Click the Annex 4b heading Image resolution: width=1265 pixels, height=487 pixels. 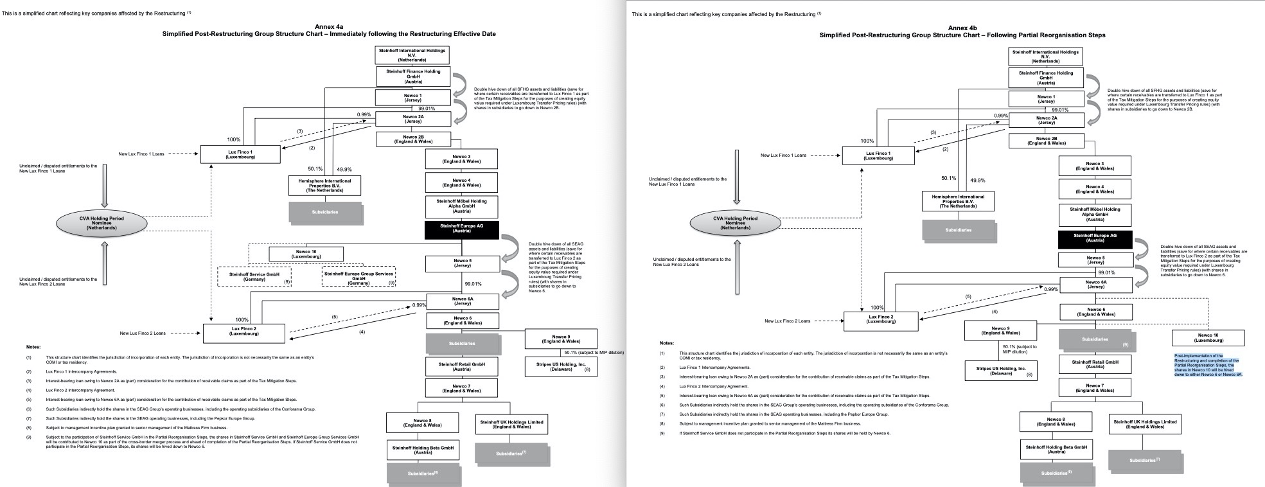[x=962, y=28]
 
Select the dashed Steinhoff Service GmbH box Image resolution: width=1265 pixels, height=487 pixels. [x=254, y=277]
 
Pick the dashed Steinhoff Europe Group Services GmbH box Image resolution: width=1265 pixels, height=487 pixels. [x=358, y=277]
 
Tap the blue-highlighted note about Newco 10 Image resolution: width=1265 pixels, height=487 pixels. [x=1208, y=364]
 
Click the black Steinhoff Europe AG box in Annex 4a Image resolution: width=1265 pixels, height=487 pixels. [x=461, y=229]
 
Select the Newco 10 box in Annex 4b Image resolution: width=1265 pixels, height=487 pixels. [x=1208, y=338]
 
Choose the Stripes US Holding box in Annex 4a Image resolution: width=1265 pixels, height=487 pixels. [x=560, y=366]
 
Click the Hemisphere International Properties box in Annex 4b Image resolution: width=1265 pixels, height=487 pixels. [x=958, y=201]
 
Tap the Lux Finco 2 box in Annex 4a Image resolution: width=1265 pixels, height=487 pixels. [x=244, y=333]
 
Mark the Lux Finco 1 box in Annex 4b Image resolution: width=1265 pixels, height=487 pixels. [x=878, y=155]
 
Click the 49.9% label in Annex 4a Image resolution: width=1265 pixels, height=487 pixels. [x=344, y=170]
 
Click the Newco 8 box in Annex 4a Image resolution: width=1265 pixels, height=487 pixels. [x=422, y=423]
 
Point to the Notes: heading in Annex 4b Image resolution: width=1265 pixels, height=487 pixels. [x=667, y=343]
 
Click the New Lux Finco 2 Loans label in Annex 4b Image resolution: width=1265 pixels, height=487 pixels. [x=787, y=321]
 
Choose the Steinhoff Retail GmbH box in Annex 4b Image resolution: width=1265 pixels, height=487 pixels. [x=1095, y=364]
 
